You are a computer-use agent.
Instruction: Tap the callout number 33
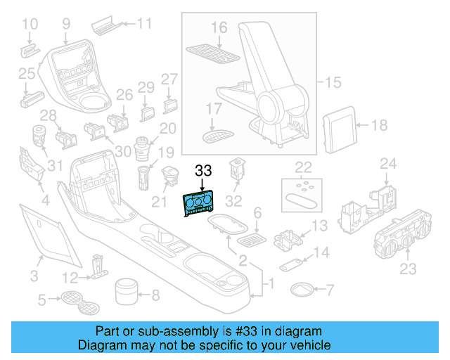(203, 171)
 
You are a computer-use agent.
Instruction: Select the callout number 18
(379, 126)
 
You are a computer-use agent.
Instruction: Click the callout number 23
(408, 269)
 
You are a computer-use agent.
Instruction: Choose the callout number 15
(333, 83)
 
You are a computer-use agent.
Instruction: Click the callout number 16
(219, 27)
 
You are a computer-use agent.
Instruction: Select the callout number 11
(143, 23)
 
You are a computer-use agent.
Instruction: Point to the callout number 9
(66, 24)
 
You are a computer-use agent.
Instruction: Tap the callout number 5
(41, 301)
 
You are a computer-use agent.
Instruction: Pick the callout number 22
(303, 167)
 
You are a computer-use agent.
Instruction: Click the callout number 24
(388, 164)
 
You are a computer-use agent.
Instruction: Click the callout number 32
(233, 201)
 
